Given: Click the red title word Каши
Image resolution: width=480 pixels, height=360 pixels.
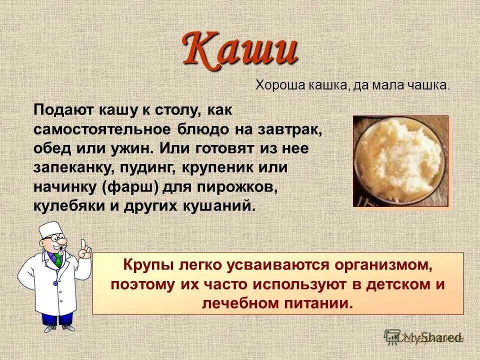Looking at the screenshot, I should [x=240, y=49].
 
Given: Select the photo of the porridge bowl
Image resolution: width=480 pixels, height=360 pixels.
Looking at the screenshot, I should [x=401, y=161].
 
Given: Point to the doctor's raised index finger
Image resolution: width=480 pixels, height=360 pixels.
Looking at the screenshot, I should [x=86, y=246].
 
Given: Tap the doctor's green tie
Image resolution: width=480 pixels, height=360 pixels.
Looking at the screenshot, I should [x=59, y=259].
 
